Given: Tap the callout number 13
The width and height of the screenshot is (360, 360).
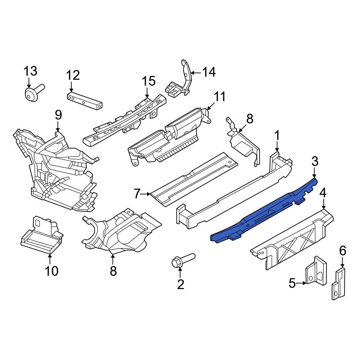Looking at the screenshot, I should point(30,71).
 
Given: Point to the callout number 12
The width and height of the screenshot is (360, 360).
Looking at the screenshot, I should point(73,75).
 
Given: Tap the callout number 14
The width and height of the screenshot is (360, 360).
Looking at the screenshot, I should point(208,72).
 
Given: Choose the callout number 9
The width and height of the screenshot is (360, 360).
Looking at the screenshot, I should point(58,115).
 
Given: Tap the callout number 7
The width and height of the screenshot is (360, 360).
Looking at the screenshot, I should point(137,194).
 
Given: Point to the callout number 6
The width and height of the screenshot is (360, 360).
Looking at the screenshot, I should point(342,250).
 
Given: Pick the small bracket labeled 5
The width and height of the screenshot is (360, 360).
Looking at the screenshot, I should point(316,274).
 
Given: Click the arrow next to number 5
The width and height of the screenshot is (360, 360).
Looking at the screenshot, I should point(302,283).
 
